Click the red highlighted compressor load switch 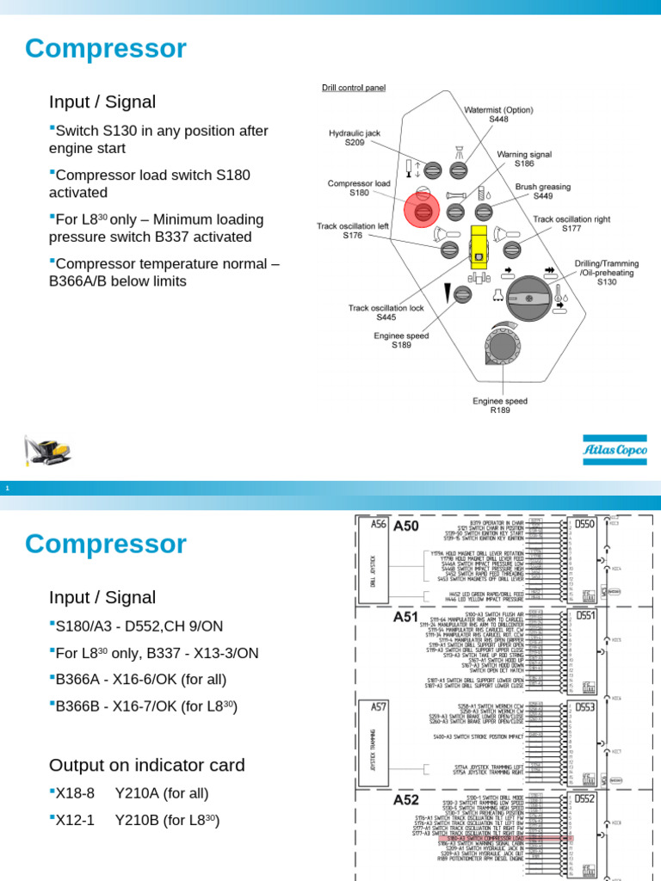coord(423,210)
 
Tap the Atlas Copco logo coord(615,449)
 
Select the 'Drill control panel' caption coord(354,88)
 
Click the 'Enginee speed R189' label coord(501,405)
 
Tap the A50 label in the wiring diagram coord(406,527)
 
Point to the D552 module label coord(585,799)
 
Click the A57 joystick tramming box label coord(379,707)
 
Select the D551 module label coord(585,616)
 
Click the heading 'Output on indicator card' coord(147,765)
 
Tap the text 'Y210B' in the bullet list coord(135,821)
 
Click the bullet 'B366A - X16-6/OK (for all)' coord(140,679)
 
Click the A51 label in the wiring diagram coord(406,616)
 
